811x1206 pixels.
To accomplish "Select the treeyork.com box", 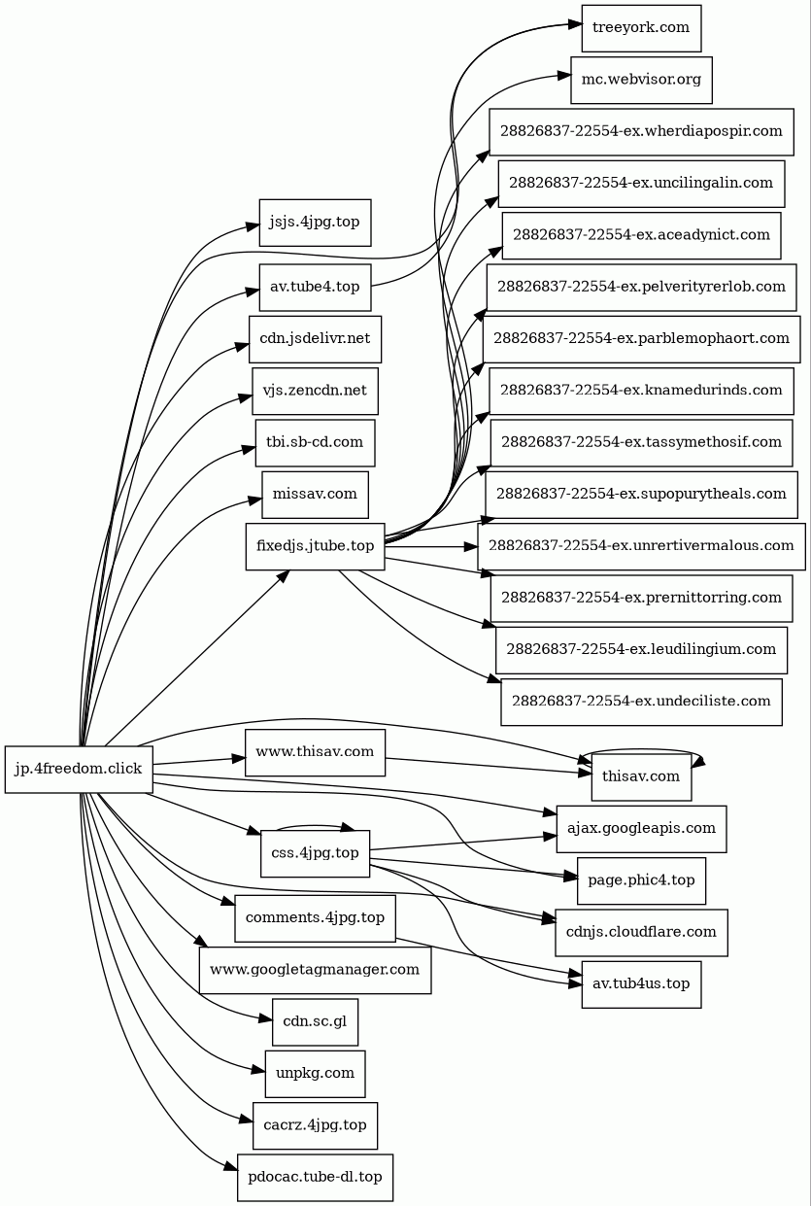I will [x=641, y=28].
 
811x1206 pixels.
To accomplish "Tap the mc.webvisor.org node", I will [x=641, y=80].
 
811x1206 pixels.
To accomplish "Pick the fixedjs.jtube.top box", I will [x=316, y=546].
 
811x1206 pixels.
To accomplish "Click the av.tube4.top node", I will [x=315, y=287].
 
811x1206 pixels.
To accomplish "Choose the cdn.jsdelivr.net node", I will [x=315, y=339].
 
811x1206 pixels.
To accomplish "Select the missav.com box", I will [x=315, y=495].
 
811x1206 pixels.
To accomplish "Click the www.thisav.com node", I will [x=316, y=752].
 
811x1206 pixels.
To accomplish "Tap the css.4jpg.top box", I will [x=315, y=854].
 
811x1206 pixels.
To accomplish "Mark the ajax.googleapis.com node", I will [x=641, y=829].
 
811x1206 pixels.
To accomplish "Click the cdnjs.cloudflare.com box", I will [x=641, y=932].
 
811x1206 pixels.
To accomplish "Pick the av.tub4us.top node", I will [x=641, y=984].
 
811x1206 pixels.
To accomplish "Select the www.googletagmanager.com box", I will [x=315, y=970].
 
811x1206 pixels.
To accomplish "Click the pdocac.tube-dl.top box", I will [x=315, y=1178].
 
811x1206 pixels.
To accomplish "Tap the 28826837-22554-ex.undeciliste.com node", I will [x=641, y=701].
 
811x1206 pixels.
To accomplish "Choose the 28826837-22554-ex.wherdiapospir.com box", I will [x=641, y=131].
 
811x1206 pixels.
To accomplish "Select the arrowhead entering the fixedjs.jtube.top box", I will [x=284, y=575].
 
